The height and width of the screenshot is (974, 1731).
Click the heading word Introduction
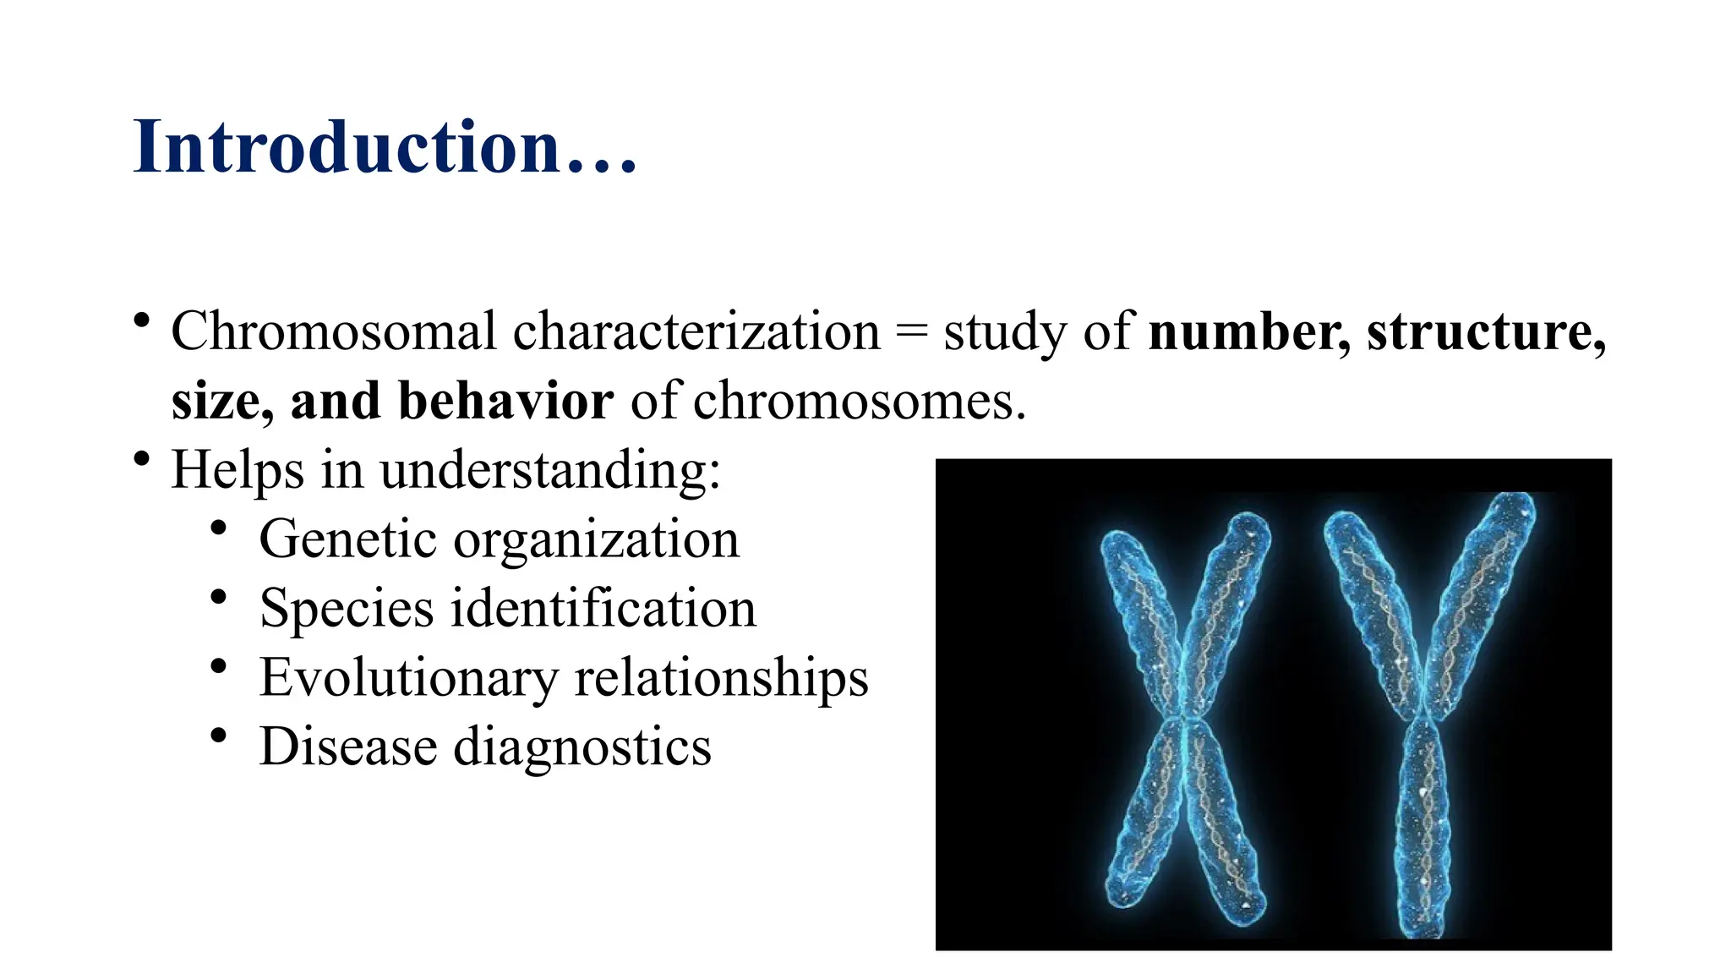pos(347,147)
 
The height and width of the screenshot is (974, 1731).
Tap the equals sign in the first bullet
pos(911,332)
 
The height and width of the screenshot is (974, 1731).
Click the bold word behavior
pos(505,401)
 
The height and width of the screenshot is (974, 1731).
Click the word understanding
pos(549,471)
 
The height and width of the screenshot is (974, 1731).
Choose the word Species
pos(347,610)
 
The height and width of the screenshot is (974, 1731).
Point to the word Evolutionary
pos(408,679)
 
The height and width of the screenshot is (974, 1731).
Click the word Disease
pos(347,747)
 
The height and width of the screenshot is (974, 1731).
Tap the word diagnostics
pos(582,749)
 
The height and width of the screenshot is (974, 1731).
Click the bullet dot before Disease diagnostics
pos(219,736)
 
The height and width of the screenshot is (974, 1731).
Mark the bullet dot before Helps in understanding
pos(142,459)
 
